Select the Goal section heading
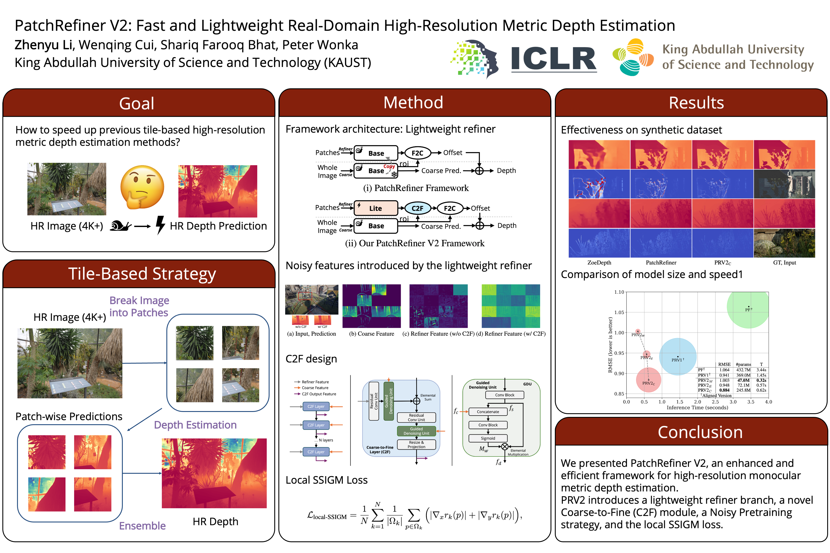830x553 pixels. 137,103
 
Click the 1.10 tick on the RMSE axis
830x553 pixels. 619,292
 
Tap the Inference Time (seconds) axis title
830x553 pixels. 697,407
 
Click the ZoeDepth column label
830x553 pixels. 599,262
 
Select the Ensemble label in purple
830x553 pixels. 142,526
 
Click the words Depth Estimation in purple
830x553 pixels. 195,425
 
